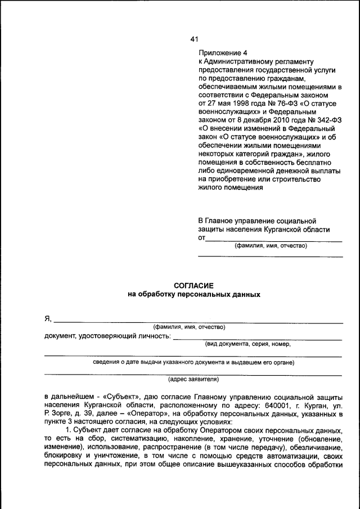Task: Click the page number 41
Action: [194, 39]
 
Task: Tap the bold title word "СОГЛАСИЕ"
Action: [194, 286]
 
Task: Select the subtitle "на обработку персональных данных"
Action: [195, 295]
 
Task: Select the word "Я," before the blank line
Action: [48, 319]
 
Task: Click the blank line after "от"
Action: [274, 240]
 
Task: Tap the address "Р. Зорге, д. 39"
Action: [70, 415]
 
